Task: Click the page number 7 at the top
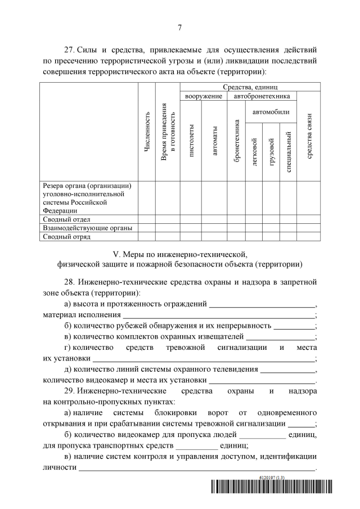pyautogui.click(x=179, y=27)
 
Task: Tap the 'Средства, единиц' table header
pyautogui.click(x=250, y=87)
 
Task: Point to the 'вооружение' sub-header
pyautogui.click(x=203, y=96)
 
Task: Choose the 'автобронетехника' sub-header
pyautogui.click(x=262, y=96)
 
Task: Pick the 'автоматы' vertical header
pyautogui.click(x=214, y=145)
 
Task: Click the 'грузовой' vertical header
pyautogui.click(x=272, y=151)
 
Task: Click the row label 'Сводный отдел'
pyautogui.click(x=67, y=219)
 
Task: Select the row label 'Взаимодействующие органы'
pyautogui.click(x=87, y=228)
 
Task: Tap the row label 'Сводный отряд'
pyautogui.click(x=67, y=236)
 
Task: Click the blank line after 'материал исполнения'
pyautogui.click(x=219, y=315)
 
